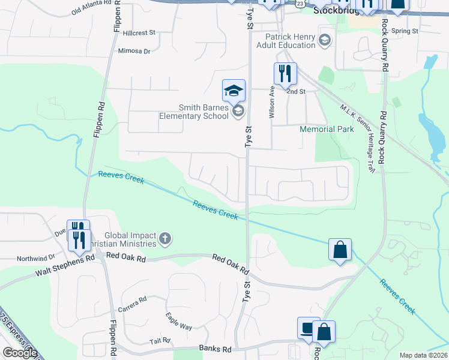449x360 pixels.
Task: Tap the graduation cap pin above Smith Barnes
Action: (234, 91)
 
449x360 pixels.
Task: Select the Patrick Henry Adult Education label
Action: (286, 41)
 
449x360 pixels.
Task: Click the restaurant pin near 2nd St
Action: (285, 74)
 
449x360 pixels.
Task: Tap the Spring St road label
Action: (404, 31)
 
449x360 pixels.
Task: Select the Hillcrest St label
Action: (139, 33)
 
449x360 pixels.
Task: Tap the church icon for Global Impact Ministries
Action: (165, 240)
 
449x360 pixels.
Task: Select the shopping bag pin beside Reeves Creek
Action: (340, 250)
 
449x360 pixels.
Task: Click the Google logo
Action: (20, 353)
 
